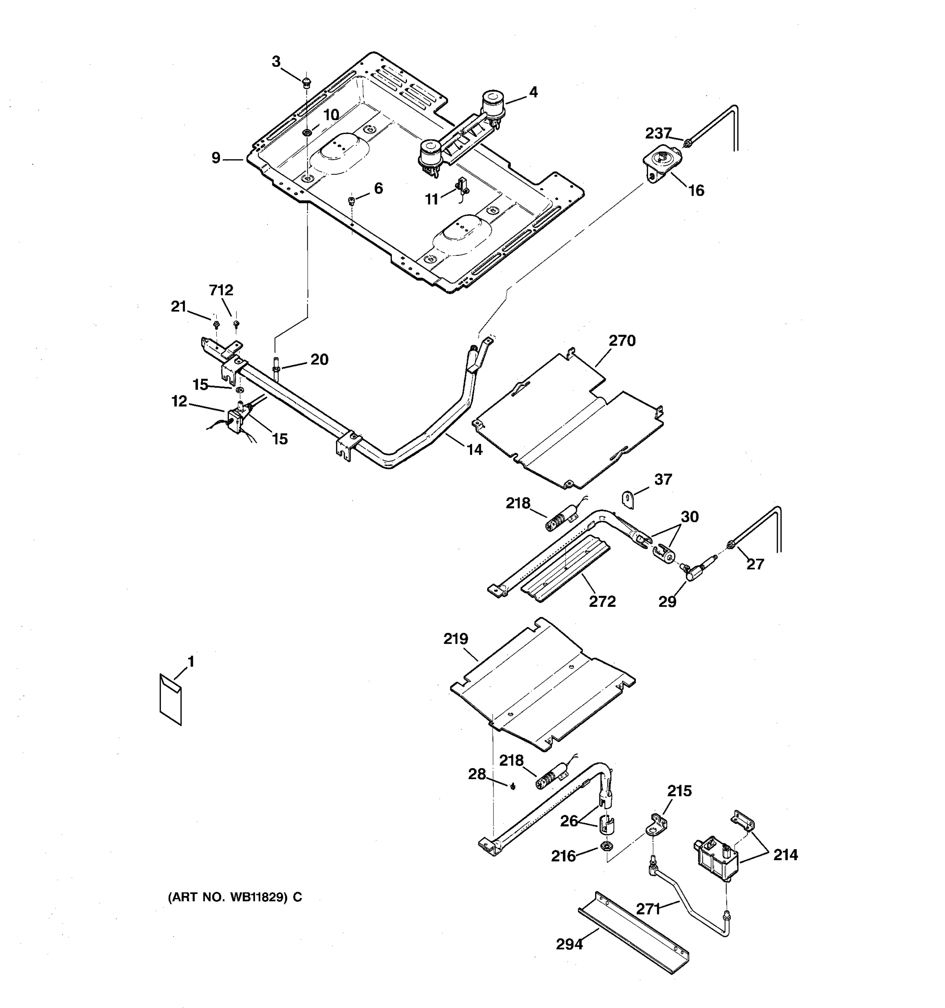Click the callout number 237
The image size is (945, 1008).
[658, 134]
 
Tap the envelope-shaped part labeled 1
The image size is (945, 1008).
[171, 699]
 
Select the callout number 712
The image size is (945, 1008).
[221, 290]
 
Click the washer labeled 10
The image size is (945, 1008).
[307, 133]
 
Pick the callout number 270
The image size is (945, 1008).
[622, 341]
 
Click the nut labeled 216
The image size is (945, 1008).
[605, 846]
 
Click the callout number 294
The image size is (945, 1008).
[570, 944]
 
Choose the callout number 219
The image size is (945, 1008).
[456, 639]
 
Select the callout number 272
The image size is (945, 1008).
[602, 601]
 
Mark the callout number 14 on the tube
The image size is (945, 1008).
[474, 449]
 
